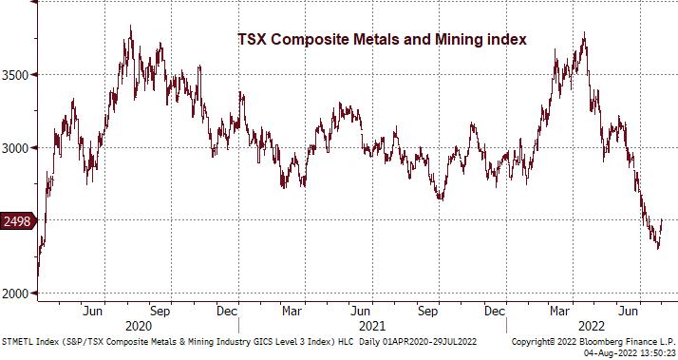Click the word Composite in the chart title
click(307, 39)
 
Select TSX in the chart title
click(251, 39)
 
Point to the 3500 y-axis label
click(20, 74)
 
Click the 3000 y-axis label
click(20, 147)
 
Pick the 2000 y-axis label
click(20, 294)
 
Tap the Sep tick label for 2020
click(160, 311)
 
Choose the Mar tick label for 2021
click(293, 311)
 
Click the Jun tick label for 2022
click(627, 311)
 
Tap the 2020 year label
click(138, 324)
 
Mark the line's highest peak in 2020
click(130, 28)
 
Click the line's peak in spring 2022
click(583, 35)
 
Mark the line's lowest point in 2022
click(658, 248)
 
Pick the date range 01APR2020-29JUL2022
click(424, 339)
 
